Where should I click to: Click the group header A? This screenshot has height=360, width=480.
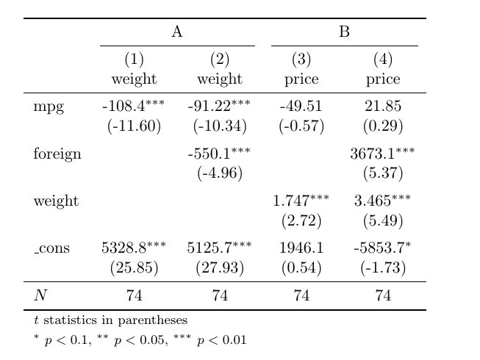(x=177, y=32)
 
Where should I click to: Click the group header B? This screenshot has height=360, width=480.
(x=345, y=32)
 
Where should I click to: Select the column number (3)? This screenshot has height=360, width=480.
(x=301, y=59)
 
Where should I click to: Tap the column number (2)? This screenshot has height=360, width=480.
(x=220, y=59)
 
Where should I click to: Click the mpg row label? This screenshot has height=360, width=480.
(x=49, y=107)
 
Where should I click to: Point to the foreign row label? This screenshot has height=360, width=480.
(x=57, y=153)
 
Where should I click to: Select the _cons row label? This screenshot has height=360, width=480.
(x=51, y=248)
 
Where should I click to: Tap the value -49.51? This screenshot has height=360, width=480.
(x=301, y=106)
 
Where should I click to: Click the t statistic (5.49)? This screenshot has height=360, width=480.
(x=383, y=220)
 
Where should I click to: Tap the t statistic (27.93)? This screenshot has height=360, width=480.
(x=220, y=267)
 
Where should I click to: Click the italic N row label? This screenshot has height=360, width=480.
(x=40, y=295)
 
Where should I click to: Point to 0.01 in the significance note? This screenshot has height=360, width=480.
(x=234, y=340)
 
